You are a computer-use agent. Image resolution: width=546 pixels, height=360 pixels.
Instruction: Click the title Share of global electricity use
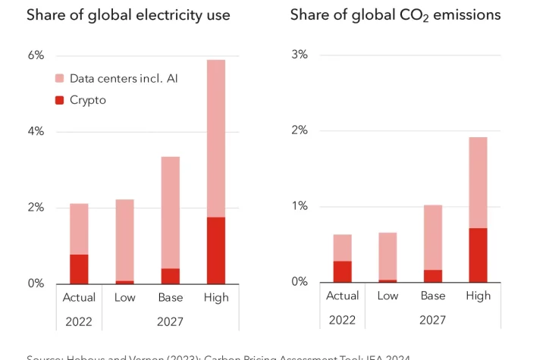128,15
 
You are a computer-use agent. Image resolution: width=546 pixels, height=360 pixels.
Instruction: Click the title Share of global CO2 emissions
395,15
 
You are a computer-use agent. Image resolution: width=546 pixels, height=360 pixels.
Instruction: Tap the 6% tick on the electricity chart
36,55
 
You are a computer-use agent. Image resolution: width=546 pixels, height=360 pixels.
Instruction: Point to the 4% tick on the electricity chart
36,131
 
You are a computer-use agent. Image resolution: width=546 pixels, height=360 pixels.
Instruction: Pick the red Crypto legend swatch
60,100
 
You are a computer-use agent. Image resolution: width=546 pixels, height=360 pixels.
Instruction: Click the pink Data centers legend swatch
60,78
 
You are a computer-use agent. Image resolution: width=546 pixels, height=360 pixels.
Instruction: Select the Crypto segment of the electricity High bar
216,250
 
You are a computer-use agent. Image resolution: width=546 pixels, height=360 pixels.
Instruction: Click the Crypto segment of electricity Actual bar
79,269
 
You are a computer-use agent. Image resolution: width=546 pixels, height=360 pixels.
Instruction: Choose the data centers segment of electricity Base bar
171,212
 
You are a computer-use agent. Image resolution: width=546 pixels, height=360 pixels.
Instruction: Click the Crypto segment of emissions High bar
479,255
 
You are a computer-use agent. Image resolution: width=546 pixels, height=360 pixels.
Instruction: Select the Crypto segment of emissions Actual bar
343,271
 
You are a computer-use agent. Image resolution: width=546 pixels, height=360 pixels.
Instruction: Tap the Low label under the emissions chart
388,296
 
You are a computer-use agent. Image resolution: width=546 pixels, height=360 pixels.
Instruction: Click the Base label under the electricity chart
171,297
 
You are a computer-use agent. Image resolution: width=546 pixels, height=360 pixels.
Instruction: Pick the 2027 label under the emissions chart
433,321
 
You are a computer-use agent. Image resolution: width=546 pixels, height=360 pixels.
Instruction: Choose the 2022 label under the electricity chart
79,321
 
